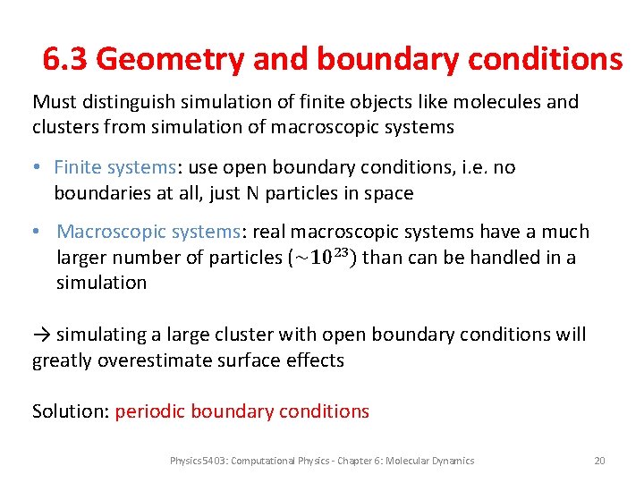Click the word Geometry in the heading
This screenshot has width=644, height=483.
[169, 60]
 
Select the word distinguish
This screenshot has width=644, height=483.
[126, 102]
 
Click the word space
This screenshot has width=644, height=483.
[388, 193]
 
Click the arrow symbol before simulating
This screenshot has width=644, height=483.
[41, 335]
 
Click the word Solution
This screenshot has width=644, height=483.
[70, 411]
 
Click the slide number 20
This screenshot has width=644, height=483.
[599, 461]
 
